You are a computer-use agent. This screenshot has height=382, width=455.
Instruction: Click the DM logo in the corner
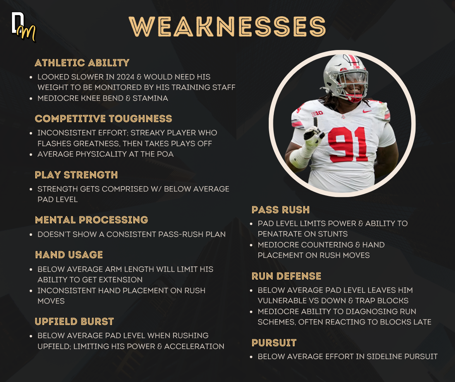click(x=23, y=27)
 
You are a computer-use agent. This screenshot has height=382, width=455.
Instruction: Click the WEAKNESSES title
click(x=228, y=26)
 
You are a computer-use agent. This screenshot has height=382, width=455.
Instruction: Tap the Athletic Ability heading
click(x=82, y=63)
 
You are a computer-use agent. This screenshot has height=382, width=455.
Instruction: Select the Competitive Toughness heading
click(x=104, y=119)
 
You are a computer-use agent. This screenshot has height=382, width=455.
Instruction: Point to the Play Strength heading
click(x=76, y=175)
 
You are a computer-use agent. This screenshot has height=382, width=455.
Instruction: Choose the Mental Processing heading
click(x=91, y=220)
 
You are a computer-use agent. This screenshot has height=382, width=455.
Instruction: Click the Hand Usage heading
click(x=69, y=255)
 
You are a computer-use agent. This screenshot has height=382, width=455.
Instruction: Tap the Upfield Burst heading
click(x=74, y=322)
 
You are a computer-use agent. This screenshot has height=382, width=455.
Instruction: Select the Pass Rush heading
click(x=281, y=210)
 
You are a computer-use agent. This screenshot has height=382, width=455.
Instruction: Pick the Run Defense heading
click(x=287, y=276)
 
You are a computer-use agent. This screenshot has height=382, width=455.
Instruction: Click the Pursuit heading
click(x=274, y=343)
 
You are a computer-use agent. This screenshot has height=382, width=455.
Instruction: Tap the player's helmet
click(x=345, y=77)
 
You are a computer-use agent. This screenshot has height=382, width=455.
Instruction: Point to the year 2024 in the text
click(x=125, y=77)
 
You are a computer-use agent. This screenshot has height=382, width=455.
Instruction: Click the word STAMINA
click(x=150, y=98)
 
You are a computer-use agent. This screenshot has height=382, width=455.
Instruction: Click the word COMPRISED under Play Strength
click(x=125, y=189)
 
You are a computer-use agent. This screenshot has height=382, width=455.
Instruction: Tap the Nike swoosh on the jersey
click(x=367, y=111)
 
